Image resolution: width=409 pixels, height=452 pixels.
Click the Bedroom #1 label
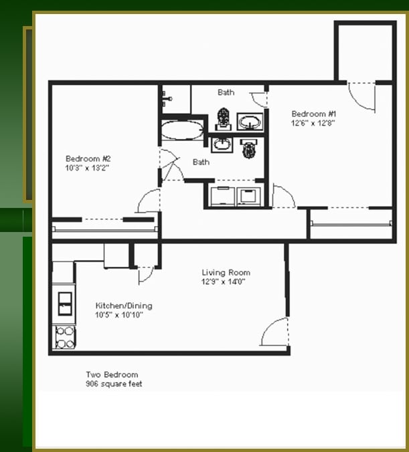309,114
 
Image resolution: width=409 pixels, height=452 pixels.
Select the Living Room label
226,273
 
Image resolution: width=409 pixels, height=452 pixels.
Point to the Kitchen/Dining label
124,306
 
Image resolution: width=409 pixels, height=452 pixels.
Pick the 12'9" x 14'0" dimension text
224,281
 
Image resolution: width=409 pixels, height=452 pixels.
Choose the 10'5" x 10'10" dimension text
119,314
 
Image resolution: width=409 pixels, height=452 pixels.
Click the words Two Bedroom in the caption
112,375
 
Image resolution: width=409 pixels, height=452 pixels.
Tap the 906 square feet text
114,384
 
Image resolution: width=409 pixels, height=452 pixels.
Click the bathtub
181,130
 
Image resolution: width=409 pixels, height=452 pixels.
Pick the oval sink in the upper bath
250,122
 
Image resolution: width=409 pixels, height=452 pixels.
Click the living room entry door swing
276,332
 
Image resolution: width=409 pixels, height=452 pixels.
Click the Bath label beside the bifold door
201,162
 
